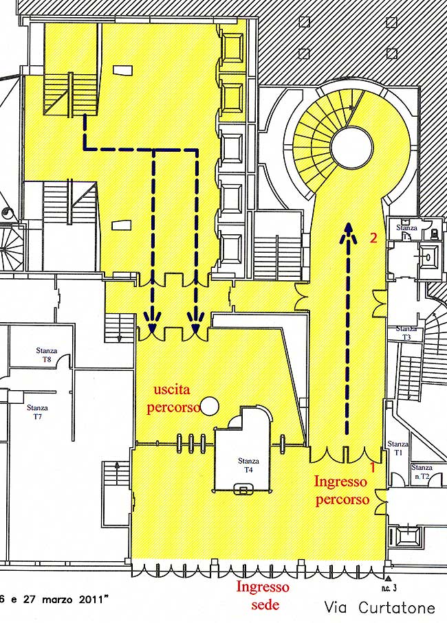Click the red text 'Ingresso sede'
(263, 595)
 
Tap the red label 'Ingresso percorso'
(341, 490)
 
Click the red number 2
(373, 238)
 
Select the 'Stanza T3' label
(406, 334)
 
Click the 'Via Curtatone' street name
(380, 608)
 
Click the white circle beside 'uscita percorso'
(210, 406)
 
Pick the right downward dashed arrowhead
(197, 319)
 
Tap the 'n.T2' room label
(421, 476)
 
